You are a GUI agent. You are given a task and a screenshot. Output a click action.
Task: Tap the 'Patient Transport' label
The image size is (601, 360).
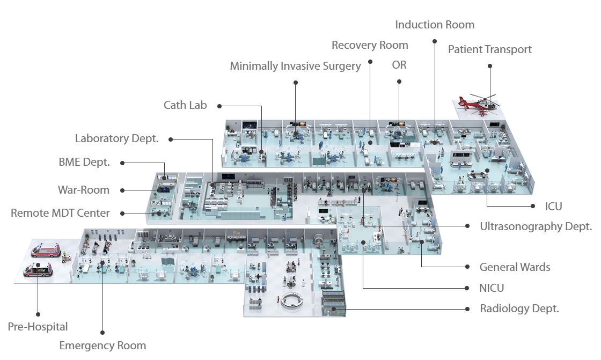click(x=489, y=49)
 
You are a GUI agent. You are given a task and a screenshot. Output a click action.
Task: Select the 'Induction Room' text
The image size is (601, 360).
click(x=435, y=25)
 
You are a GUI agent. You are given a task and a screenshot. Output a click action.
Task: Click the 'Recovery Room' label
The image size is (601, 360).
click(x=370, y=45)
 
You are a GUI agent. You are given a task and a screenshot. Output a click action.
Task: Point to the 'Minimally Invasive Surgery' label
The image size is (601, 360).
click(x=295, y=66)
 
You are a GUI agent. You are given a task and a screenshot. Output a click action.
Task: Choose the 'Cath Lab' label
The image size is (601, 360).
click(x=185, y=105)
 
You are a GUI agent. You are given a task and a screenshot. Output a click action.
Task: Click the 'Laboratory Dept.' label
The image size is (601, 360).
click(x=116, y=138)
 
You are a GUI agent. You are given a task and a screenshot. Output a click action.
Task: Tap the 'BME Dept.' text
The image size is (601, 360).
click(x=84, y=162)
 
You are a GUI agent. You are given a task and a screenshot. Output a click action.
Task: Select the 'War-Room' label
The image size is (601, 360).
click(x=84, y=189)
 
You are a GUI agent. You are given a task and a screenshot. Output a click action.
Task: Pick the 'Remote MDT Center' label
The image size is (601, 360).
click(x=60, y=213)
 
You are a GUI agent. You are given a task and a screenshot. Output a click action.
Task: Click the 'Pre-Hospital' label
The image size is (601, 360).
click(x=38, y=327)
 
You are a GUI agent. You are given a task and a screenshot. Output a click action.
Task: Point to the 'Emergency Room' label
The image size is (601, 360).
click(x=102, y=346)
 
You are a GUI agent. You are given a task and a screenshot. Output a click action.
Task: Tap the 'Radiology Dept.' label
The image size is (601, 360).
click(x=519, y=308)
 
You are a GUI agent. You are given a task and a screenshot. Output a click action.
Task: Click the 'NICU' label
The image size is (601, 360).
click(x=492, y=288)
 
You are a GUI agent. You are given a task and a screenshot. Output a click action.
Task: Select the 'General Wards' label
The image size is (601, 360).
click(x=515, y=267)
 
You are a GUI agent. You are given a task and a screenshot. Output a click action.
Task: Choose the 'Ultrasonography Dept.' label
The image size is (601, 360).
click(x=536, y=226)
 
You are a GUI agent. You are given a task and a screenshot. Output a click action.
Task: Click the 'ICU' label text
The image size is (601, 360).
click(x=553, y=206)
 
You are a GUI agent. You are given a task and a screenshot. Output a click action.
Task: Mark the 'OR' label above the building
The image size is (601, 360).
click(x=399, y=65)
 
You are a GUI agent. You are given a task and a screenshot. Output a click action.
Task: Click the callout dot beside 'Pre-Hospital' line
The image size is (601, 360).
click(x=38, y=314)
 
